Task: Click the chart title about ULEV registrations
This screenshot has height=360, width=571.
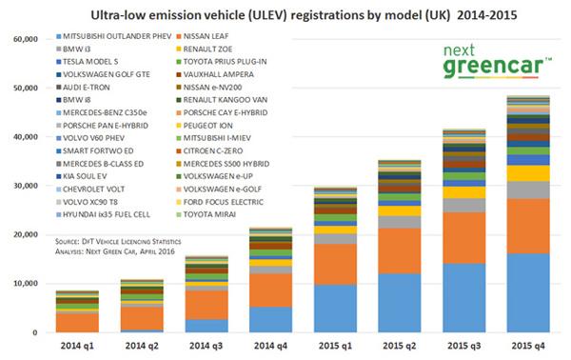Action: coord(285,15)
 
